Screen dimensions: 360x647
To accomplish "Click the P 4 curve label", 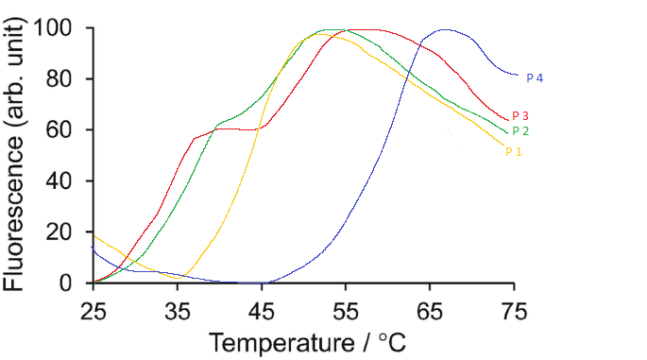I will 534,78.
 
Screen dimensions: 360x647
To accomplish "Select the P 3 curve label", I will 519,116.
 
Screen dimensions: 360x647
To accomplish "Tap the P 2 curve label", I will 519,131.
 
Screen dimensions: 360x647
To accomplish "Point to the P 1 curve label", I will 513,151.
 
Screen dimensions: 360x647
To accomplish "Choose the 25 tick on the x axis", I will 93,308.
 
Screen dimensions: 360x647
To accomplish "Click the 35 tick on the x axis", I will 178,308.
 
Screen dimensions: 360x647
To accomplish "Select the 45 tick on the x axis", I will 262,308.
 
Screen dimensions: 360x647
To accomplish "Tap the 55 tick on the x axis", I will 346,308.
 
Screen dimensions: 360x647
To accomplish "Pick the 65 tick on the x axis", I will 430,308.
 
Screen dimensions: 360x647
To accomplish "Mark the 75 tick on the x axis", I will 514,308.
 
